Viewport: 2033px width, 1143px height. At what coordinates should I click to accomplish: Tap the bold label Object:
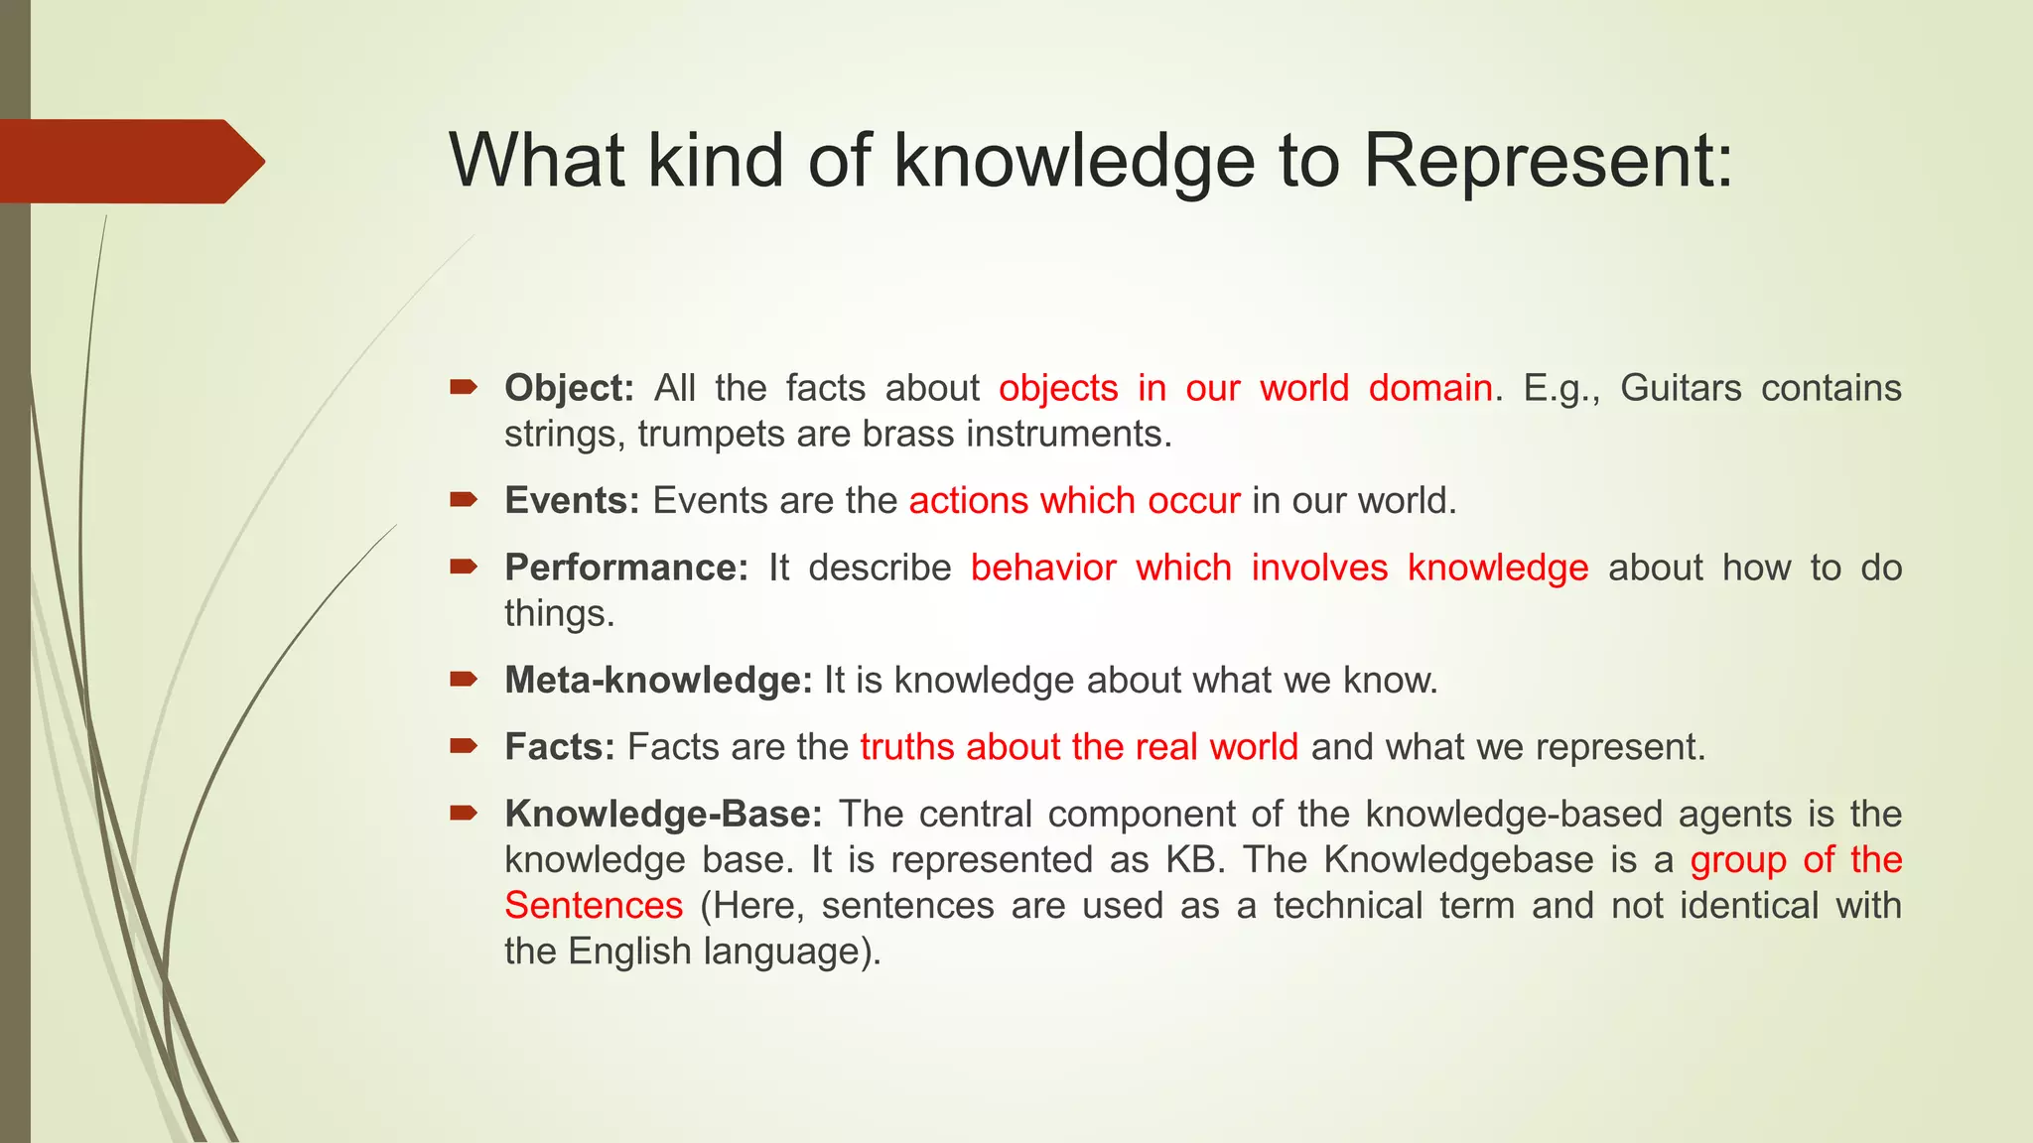(x=569, y=388)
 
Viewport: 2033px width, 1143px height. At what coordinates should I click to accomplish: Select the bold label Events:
(x=572, y=501)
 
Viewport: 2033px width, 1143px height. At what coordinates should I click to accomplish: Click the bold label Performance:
(x=626, y=568)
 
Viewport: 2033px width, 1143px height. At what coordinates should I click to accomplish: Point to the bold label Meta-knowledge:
(x=658, y=681)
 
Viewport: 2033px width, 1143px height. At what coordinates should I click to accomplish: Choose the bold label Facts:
(x=560, y=747)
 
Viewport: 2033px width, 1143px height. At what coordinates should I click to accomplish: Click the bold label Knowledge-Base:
(x=663, y=814)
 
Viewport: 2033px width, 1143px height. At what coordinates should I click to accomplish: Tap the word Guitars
(x=1681, y=388)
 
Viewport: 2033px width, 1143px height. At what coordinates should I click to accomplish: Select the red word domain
(x=1429, y=388)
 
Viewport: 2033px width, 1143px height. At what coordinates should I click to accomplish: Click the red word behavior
(x=1043, y=568)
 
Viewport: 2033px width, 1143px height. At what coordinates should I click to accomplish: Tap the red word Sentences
(x=594, y=906)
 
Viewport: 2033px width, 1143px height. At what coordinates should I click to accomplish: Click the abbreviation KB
(x=1190, y=859)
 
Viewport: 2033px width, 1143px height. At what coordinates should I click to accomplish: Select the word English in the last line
(x=629, y=952)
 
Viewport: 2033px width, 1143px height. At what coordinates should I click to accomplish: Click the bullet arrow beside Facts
(x=464, y=745)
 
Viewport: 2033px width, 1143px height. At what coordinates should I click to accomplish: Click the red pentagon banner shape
(x=124, y=161)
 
